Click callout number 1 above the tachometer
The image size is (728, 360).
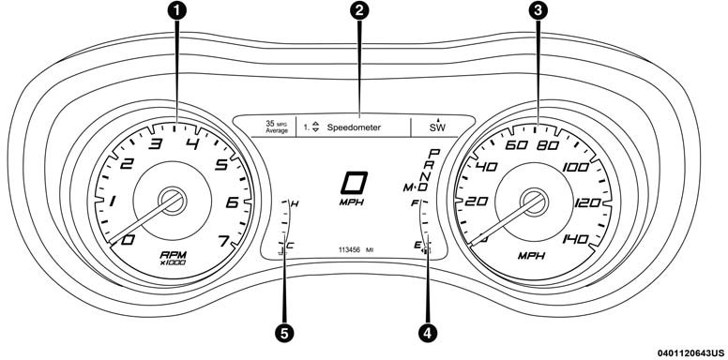coord(176,11)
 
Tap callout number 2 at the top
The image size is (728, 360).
coord(359,11)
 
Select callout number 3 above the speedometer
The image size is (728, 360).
coord(538,11)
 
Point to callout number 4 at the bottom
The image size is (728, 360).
coord(428,332)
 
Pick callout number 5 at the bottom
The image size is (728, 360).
coord(284,332)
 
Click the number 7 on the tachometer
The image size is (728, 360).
coord(223,242)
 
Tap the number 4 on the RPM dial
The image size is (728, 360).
coord(192,144)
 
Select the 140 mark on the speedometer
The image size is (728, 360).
coord(575,239)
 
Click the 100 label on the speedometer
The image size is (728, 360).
coord(575,168)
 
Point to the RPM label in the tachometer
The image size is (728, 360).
coord(174,255)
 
